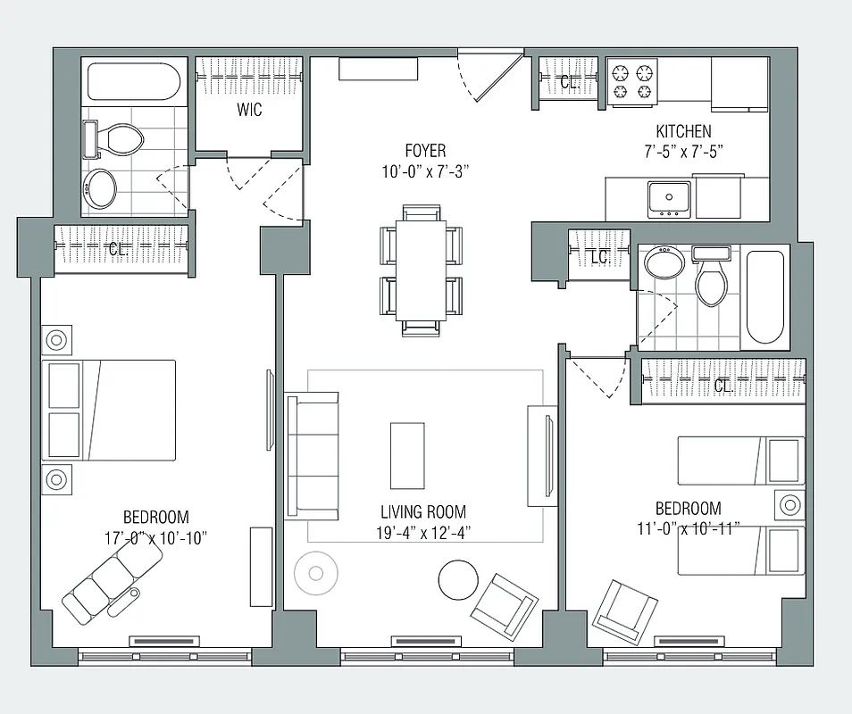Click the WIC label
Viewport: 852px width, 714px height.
(x=249, y=111)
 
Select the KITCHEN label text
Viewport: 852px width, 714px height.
(x=683, y=131)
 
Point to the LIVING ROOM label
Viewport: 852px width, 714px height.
(x=423, y=512)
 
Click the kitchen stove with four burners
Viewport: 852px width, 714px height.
(x=632, y=82)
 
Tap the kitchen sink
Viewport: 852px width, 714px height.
(x=669, y=197)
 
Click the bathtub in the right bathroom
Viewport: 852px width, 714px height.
(x=765, y=296)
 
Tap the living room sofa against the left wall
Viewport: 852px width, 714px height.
(x=313, y=455)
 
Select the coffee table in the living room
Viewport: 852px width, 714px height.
(x=407, y=454)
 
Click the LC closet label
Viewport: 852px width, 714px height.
(x=600, y=257)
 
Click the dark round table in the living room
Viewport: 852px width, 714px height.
(x=459, y=580)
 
